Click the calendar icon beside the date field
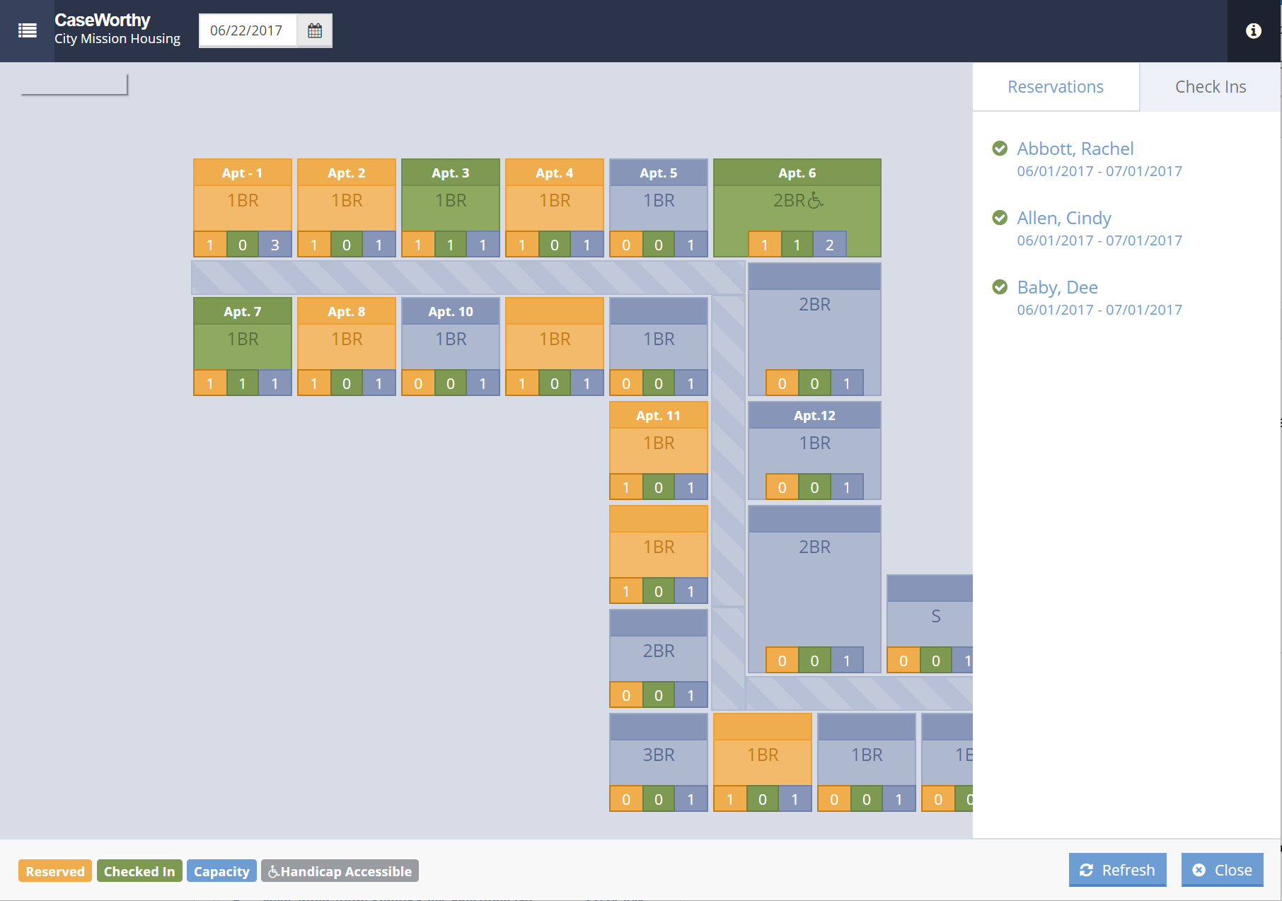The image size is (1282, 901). [315, 30]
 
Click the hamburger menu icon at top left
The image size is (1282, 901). [28, 30]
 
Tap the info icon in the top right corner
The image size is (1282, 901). [1253, 30]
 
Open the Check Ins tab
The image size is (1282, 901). [1210, 86]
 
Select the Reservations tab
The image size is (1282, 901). [1055, 86]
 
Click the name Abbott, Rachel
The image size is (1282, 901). [1075, 149]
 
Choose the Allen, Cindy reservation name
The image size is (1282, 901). [1063, 218]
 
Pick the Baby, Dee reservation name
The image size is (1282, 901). [1057, 287]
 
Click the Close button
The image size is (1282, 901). [1222, 870]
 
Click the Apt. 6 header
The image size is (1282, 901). [797, 173]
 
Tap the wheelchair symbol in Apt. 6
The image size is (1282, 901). [815, 201]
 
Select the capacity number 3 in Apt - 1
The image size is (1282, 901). [275, 245]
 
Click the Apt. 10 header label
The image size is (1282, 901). [450, 311]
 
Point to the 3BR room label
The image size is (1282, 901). [658, 755]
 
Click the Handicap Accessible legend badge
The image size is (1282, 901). [340, 871]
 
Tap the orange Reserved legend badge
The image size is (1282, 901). [54, 871]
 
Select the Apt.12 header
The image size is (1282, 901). [814, 415]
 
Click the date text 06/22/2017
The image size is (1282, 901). [246, 30]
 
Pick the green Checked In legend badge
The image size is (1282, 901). [139, 871]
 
